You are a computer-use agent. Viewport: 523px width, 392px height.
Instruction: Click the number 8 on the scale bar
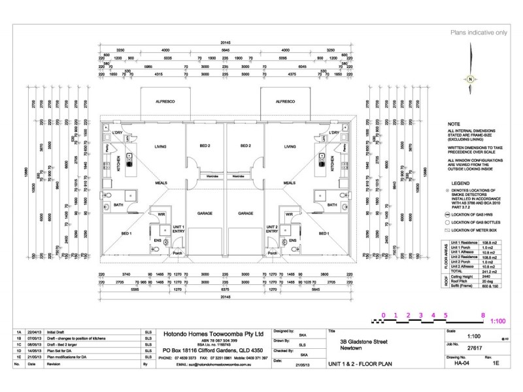point(482,314)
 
